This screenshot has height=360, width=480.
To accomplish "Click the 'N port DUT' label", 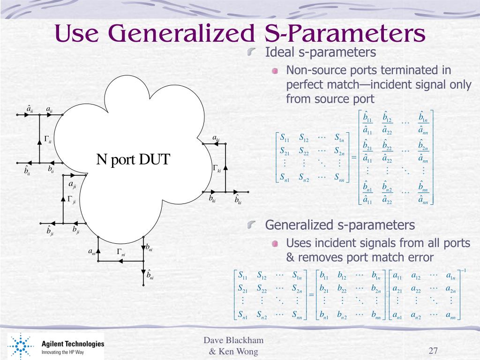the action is tap(134, 160).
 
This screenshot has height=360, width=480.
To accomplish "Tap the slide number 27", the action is tap(433, 351).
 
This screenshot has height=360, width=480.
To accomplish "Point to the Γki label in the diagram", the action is tap(217, 168).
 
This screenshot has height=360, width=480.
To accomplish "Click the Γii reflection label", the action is tap(48, 139).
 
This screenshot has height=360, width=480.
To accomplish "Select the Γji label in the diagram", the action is tap(71, 199).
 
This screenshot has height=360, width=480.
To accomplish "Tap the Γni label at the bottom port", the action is tap(121, 252).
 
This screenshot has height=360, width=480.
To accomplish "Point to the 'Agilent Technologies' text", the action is tap(73, 344).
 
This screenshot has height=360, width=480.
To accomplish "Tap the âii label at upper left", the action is tap(30, 110).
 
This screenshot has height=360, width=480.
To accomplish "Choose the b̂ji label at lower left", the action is tap(50, 231).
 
